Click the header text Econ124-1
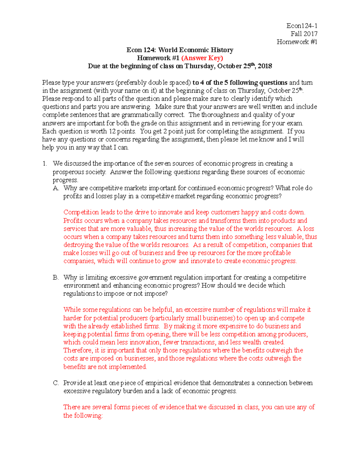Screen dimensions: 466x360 (302, 26)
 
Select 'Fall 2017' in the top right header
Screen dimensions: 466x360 (304, 34)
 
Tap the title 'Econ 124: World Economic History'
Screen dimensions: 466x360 (180, 50)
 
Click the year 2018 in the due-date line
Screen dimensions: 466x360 (265, 66)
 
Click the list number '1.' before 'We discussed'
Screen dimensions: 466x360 (45, 164)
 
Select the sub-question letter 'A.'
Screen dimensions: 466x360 (56, 188)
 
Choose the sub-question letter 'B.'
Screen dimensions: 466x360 (56, 278)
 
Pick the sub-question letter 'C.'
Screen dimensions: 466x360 (56, 383)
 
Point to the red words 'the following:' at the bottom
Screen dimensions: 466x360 (83, 416)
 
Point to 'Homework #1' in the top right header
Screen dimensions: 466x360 (297, 42)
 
